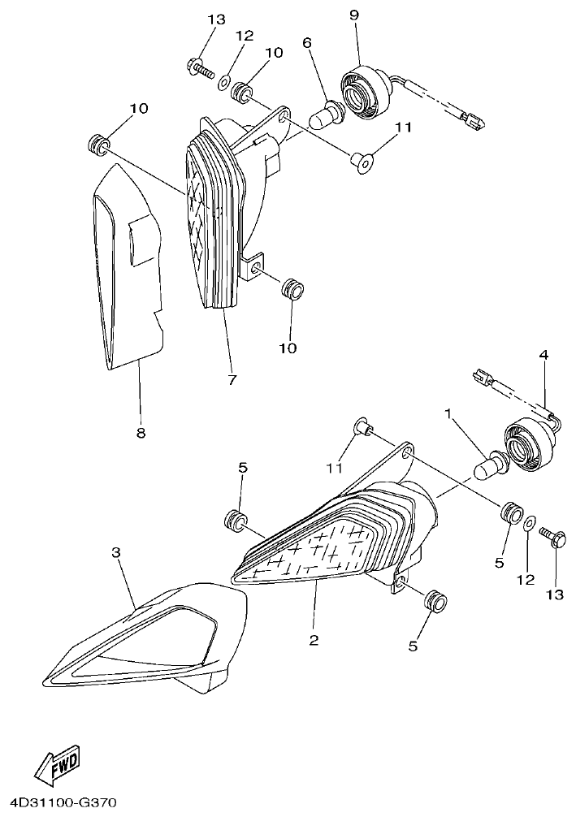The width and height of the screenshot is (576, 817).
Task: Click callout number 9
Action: [x=354, y=15]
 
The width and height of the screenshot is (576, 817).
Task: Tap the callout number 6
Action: [x=307, y=43]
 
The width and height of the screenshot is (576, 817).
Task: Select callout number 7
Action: [x=232, y=380]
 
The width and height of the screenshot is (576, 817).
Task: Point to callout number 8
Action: [x=141, y=434]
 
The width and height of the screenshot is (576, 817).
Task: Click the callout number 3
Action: [x=116, y=553]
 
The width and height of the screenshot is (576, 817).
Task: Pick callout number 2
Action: [x=314, y=640]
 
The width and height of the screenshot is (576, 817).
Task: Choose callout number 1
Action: [x=447, y=413]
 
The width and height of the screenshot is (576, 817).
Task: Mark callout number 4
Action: [x=544, y=355]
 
